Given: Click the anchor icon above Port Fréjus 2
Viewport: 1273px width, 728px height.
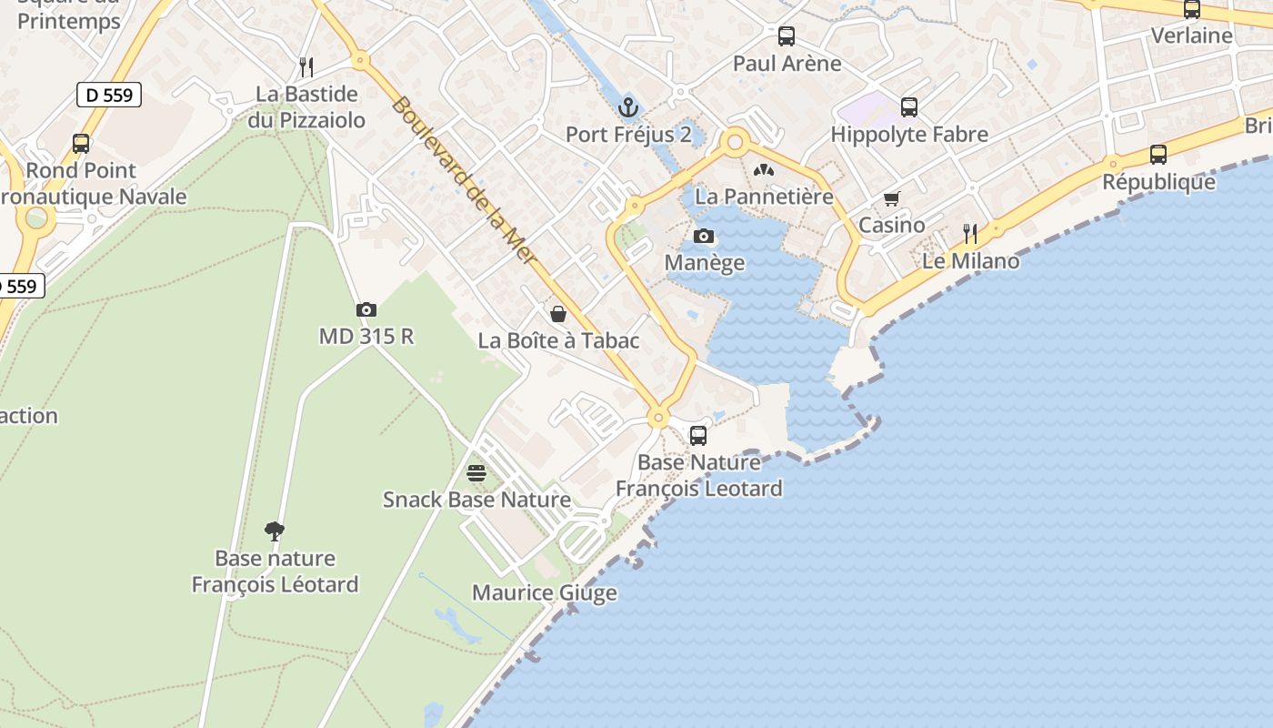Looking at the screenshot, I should coord(627,108).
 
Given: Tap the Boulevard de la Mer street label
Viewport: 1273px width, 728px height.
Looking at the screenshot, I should coord(464,182).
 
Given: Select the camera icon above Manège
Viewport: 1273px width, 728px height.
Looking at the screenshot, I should coord(704,237).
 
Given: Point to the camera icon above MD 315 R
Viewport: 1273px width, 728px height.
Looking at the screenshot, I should coord(366,310).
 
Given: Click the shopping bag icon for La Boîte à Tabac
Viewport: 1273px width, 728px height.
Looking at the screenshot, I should coord(558,314).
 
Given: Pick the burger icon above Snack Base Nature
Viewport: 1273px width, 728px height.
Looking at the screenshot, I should coord(476,473).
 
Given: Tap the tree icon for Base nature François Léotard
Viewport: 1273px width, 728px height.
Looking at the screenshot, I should coord(275,531).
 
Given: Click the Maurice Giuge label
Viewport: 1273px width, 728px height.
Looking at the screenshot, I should coord(544,593).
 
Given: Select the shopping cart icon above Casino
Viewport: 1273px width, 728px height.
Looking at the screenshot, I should coord(891,199).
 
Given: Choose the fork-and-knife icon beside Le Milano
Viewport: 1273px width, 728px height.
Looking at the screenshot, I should coord(970,235).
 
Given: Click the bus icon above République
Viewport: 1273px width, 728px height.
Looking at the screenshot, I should coord(1158,155).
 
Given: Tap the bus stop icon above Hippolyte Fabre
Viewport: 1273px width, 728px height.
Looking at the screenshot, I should coord(908,107).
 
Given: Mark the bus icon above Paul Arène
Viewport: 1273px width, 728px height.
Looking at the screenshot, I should coord(787,36).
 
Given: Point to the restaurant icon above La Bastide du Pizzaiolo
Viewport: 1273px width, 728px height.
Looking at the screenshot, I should coord(306,66).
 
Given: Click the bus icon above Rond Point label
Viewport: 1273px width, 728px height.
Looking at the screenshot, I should coord(81,144).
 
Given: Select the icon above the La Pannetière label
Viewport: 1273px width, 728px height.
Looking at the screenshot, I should coord(763,170).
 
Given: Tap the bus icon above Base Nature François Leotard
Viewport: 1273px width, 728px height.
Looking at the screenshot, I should coord(698,436).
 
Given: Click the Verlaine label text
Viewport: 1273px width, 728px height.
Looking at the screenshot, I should coord(1191,35).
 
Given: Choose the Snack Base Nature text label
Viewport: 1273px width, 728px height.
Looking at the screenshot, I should coord(476,500).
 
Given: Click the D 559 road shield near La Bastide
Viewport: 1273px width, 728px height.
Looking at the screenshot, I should coord(109,95).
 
